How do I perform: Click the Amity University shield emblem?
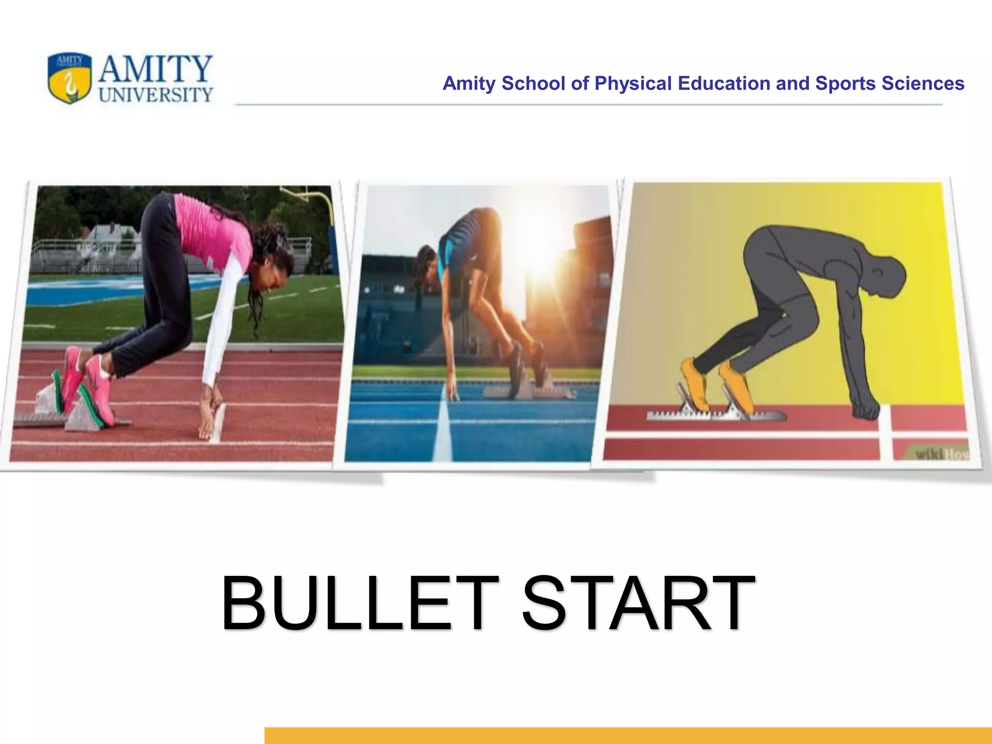tap(69, 78)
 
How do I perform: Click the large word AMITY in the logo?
tap(155, 69)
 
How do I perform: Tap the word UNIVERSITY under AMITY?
tap(155, 94)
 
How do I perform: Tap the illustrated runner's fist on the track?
tap(866, 412)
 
